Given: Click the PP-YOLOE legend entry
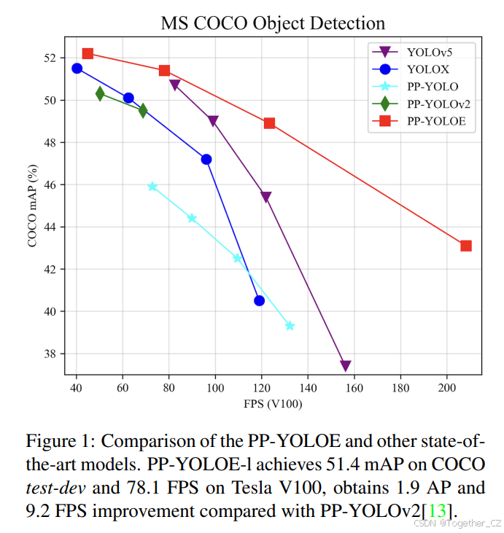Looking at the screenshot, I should click(x=431, y=122).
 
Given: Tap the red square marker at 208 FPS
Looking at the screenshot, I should click(x=466, y=246).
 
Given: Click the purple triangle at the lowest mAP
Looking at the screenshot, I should click(x=346, y=366).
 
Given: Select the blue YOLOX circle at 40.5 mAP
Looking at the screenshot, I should click(x=259, y=300).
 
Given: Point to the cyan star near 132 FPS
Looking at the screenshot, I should click(x=290, y=326).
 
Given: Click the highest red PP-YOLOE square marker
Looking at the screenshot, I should click(x=88, y=53).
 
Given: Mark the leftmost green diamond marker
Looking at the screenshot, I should click(x=100, y=93).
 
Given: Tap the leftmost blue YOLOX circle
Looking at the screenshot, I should click(x=77, y=69).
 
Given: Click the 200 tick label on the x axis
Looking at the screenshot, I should click(x=446, y=386).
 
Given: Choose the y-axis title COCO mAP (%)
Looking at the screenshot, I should click(x=33, y=206).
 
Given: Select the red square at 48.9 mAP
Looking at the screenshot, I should click(x=269, y=123).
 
